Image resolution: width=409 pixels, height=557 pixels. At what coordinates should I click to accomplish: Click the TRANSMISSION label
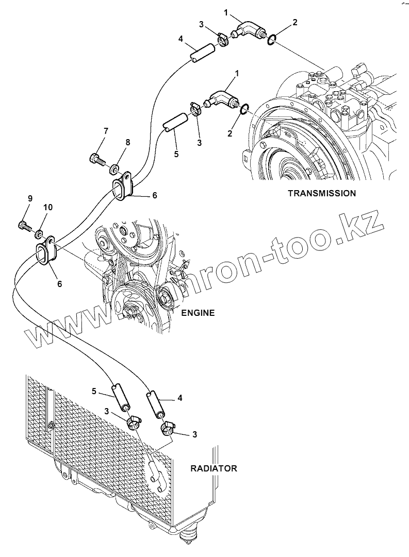tap(321, 194)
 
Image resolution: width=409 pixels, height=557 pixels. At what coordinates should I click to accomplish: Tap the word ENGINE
tap(198, 313)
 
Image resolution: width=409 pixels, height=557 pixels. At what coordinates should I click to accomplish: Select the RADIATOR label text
tap(214, 468)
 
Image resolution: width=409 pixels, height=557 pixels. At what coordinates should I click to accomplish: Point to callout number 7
tap(106, 131)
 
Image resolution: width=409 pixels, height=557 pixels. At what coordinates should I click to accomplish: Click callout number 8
tap(127, 142)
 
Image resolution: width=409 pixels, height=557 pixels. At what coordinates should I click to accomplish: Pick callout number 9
tap(30, 198)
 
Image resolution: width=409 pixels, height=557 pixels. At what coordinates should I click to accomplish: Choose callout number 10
tap(48, 207)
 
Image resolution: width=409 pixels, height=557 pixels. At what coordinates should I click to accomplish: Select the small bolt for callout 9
tap(23, 225)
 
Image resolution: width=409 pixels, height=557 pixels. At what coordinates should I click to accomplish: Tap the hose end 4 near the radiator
tap(155, 403)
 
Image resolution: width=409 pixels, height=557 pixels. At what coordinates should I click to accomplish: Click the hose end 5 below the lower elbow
tap(174, 122)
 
